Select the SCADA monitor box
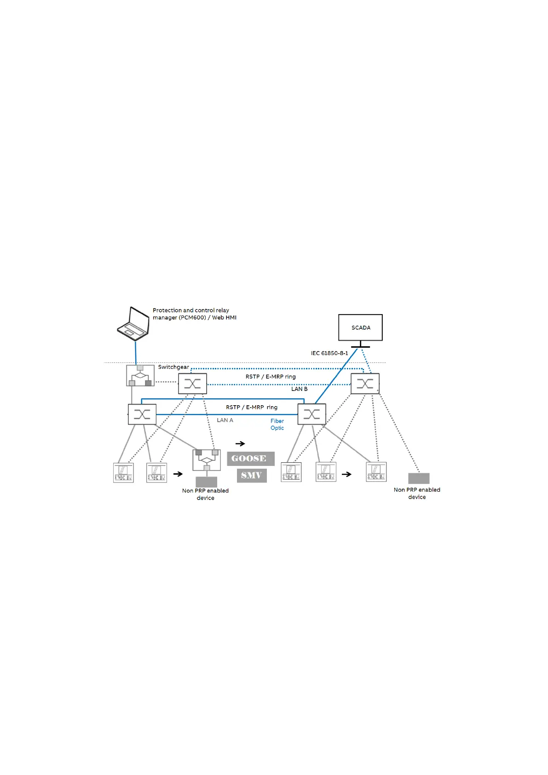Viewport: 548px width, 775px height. pos(360,327)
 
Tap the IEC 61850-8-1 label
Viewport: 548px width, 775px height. pos(329,353)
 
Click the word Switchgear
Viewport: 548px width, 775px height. pos(173,367)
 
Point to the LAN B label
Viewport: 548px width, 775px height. pos(299,389)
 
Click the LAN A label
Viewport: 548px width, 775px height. pos(225,420)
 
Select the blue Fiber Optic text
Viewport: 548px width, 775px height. pos(277,425)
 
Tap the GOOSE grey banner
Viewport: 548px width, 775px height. pos(250,459)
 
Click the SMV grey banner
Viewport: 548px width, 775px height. pos(252,476)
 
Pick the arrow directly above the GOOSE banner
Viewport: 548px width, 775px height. pos(240,444)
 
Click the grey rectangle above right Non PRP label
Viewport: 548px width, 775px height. pos(419,478)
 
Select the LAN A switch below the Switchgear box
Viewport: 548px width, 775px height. pos(142,414)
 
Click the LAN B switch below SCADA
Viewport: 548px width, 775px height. pos(365,384)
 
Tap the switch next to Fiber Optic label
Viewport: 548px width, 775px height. pos(311,414)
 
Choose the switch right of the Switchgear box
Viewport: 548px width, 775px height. pos(192,384)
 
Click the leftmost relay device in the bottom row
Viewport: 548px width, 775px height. pos(124,472)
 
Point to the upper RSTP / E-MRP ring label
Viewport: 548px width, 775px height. pos(271,377)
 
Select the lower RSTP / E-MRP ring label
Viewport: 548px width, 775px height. pos(252,408)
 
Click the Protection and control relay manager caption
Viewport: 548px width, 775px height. pos(194,314)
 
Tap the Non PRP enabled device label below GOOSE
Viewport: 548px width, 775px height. pos(205,494)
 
